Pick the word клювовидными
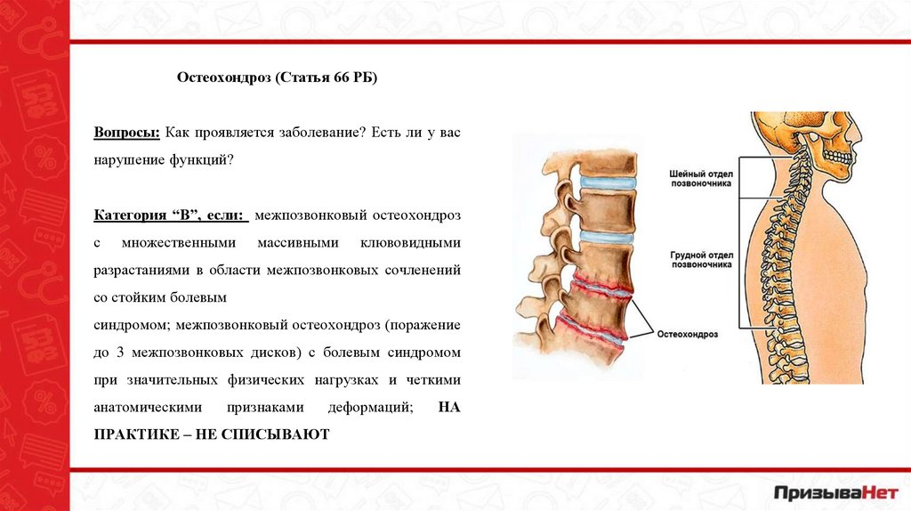[x=410, y=242]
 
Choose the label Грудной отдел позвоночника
[x=701, y=259]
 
